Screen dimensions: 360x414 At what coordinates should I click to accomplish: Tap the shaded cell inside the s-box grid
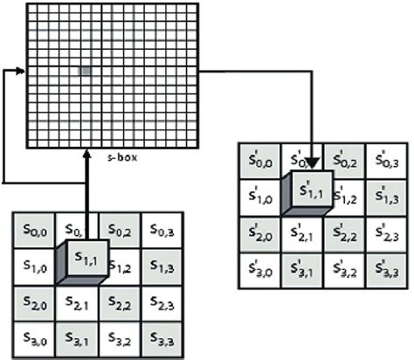84,71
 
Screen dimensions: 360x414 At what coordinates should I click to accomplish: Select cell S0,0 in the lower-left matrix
34,230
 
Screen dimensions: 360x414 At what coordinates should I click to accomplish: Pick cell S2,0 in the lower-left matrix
34,301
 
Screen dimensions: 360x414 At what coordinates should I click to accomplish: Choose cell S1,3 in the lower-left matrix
163,266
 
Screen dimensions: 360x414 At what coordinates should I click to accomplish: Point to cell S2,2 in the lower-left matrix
121,301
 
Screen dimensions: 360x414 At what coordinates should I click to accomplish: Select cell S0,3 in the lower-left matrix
163,230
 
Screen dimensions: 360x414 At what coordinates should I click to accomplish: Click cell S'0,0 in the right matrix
261,161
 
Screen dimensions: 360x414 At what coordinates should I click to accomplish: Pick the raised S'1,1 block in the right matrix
313,189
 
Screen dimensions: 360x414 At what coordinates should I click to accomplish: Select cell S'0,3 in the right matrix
385,161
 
